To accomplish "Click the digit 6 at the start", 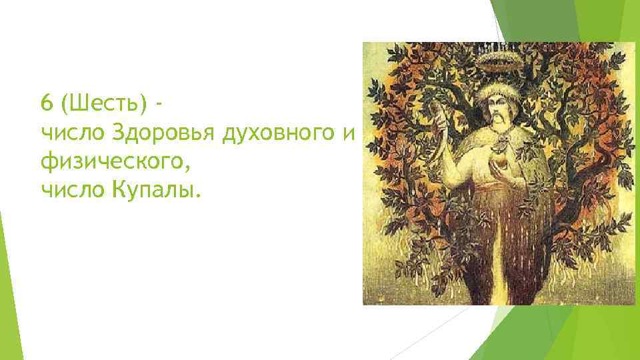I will pyautogui.click(x=46, y=104).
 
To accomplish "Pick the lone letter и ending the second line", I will pyautogui.click(x=351, y=134).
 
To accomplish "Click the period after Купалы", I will pyautogui.click(x=198, y=196).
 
